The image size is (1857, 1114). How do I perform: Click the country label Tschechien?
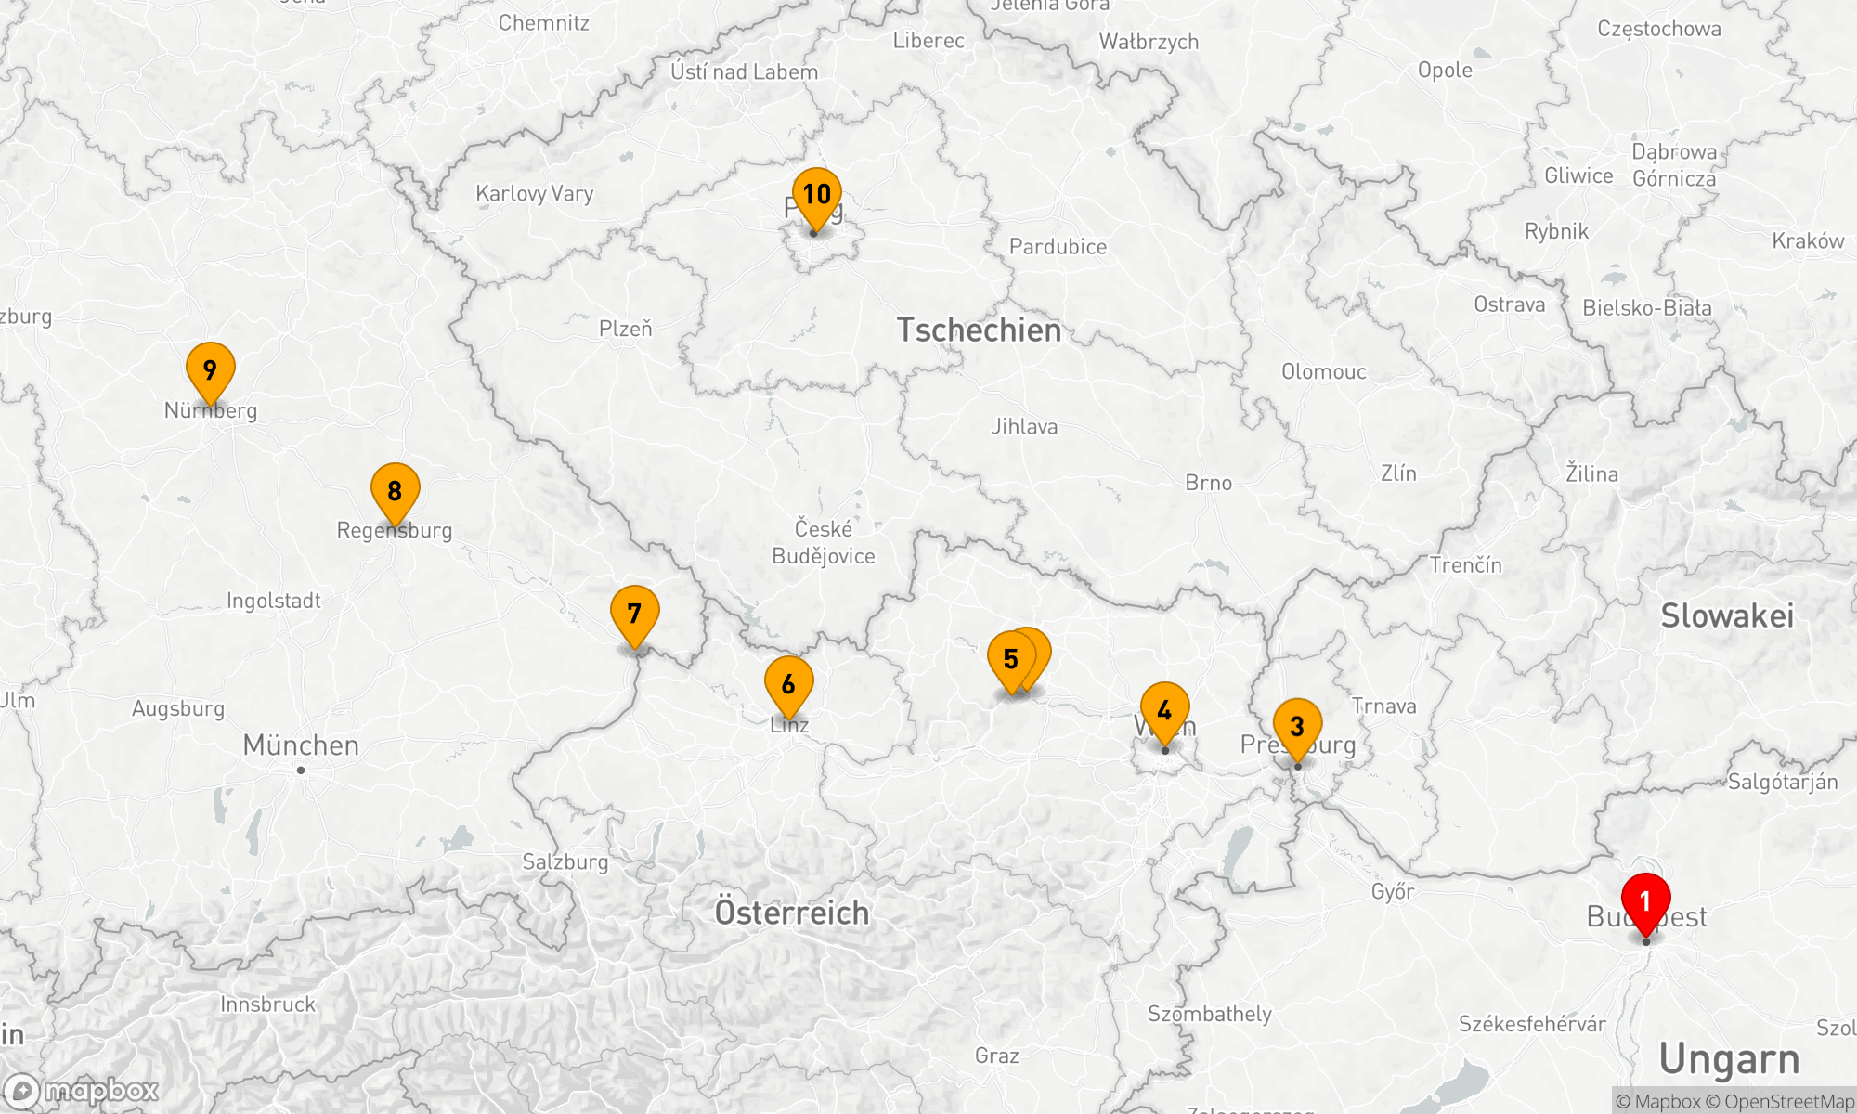pos(979,330)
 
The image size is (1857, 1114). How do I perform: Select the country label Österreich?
pos(792,913)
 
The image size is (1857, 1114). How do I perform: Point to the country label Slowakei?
pos(1727,615)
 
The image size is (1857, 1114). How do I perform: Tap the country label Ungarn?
pos(1729,1059)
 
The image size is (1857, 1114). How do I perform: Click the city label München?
pos(301,745)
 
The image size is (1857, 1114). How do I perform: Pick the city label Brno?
pos(1208,483)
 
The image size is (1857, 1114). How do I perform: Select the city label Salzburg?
pos(565,861)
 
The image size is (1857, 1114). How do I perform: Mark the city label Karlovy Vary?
pos(534,193)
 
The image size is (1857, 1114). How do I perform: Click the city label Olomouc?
pos(1324,371)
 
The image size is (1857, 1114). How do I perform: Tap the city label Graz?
pos(996,1056)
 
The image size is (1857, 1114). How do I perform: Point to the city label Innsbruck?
pos(267,1004)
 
